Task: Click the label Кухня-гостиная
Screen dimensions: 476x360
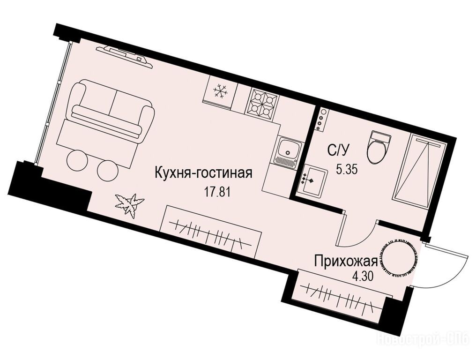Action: point(203,173)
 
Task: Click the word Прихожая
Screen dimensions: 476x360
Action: point(346,261)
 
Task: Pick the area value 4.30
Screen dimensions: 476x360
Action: point(361,277)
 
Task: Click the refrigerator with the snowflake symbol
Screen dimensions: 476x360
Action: point(220,92)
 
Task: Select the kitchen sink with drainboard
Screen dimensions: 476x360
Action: point(287,151)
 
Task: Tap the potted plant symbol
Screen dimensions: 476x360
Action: point(130,204)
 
